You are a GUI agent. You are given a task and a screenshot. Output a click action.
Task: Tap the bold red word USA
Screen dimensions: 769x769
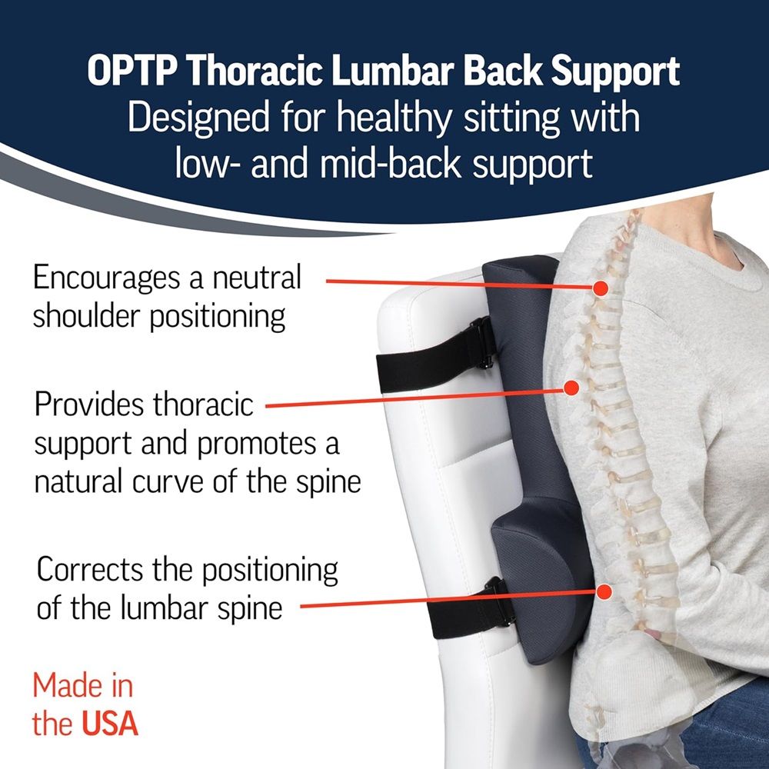108,724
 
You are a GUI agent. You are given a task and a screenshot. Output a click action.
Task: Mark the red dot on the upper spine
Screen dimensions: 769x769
601,288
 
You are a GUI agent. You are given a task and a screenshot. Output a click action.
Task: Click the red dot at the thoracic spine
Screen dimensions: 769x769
571,388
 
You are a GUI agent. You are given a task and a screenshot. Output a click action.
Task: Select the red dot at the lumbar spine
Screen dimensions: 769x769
604,592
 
